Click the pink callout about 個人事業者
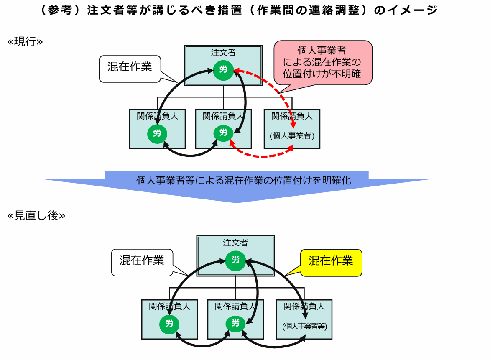[x=322, y=63]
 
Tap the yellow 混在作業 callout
[x=331, y=261]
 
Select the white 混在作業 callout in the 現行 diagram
[x=130, y=68]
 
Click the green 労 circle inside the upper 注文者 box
[x=223, y=69]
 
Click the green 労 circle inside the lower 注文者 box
[x=235, y=260]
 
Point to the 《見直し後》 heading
[x=36, y=216]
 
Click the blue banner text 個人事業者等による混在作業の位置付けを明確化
[x=243, y=180]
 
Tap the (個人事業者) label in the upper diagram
[x=292, y=135]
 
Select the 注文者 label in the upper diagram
[x=223, y=53]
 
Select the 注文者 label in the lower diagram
[x=235, y=243]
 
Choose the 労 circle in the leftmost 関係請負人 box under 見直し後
[x=169, y=324]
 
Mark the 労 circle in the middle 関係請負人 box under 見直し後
[x=235, y=323]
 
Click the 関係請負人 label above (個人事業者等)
[x=304, y=306]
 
